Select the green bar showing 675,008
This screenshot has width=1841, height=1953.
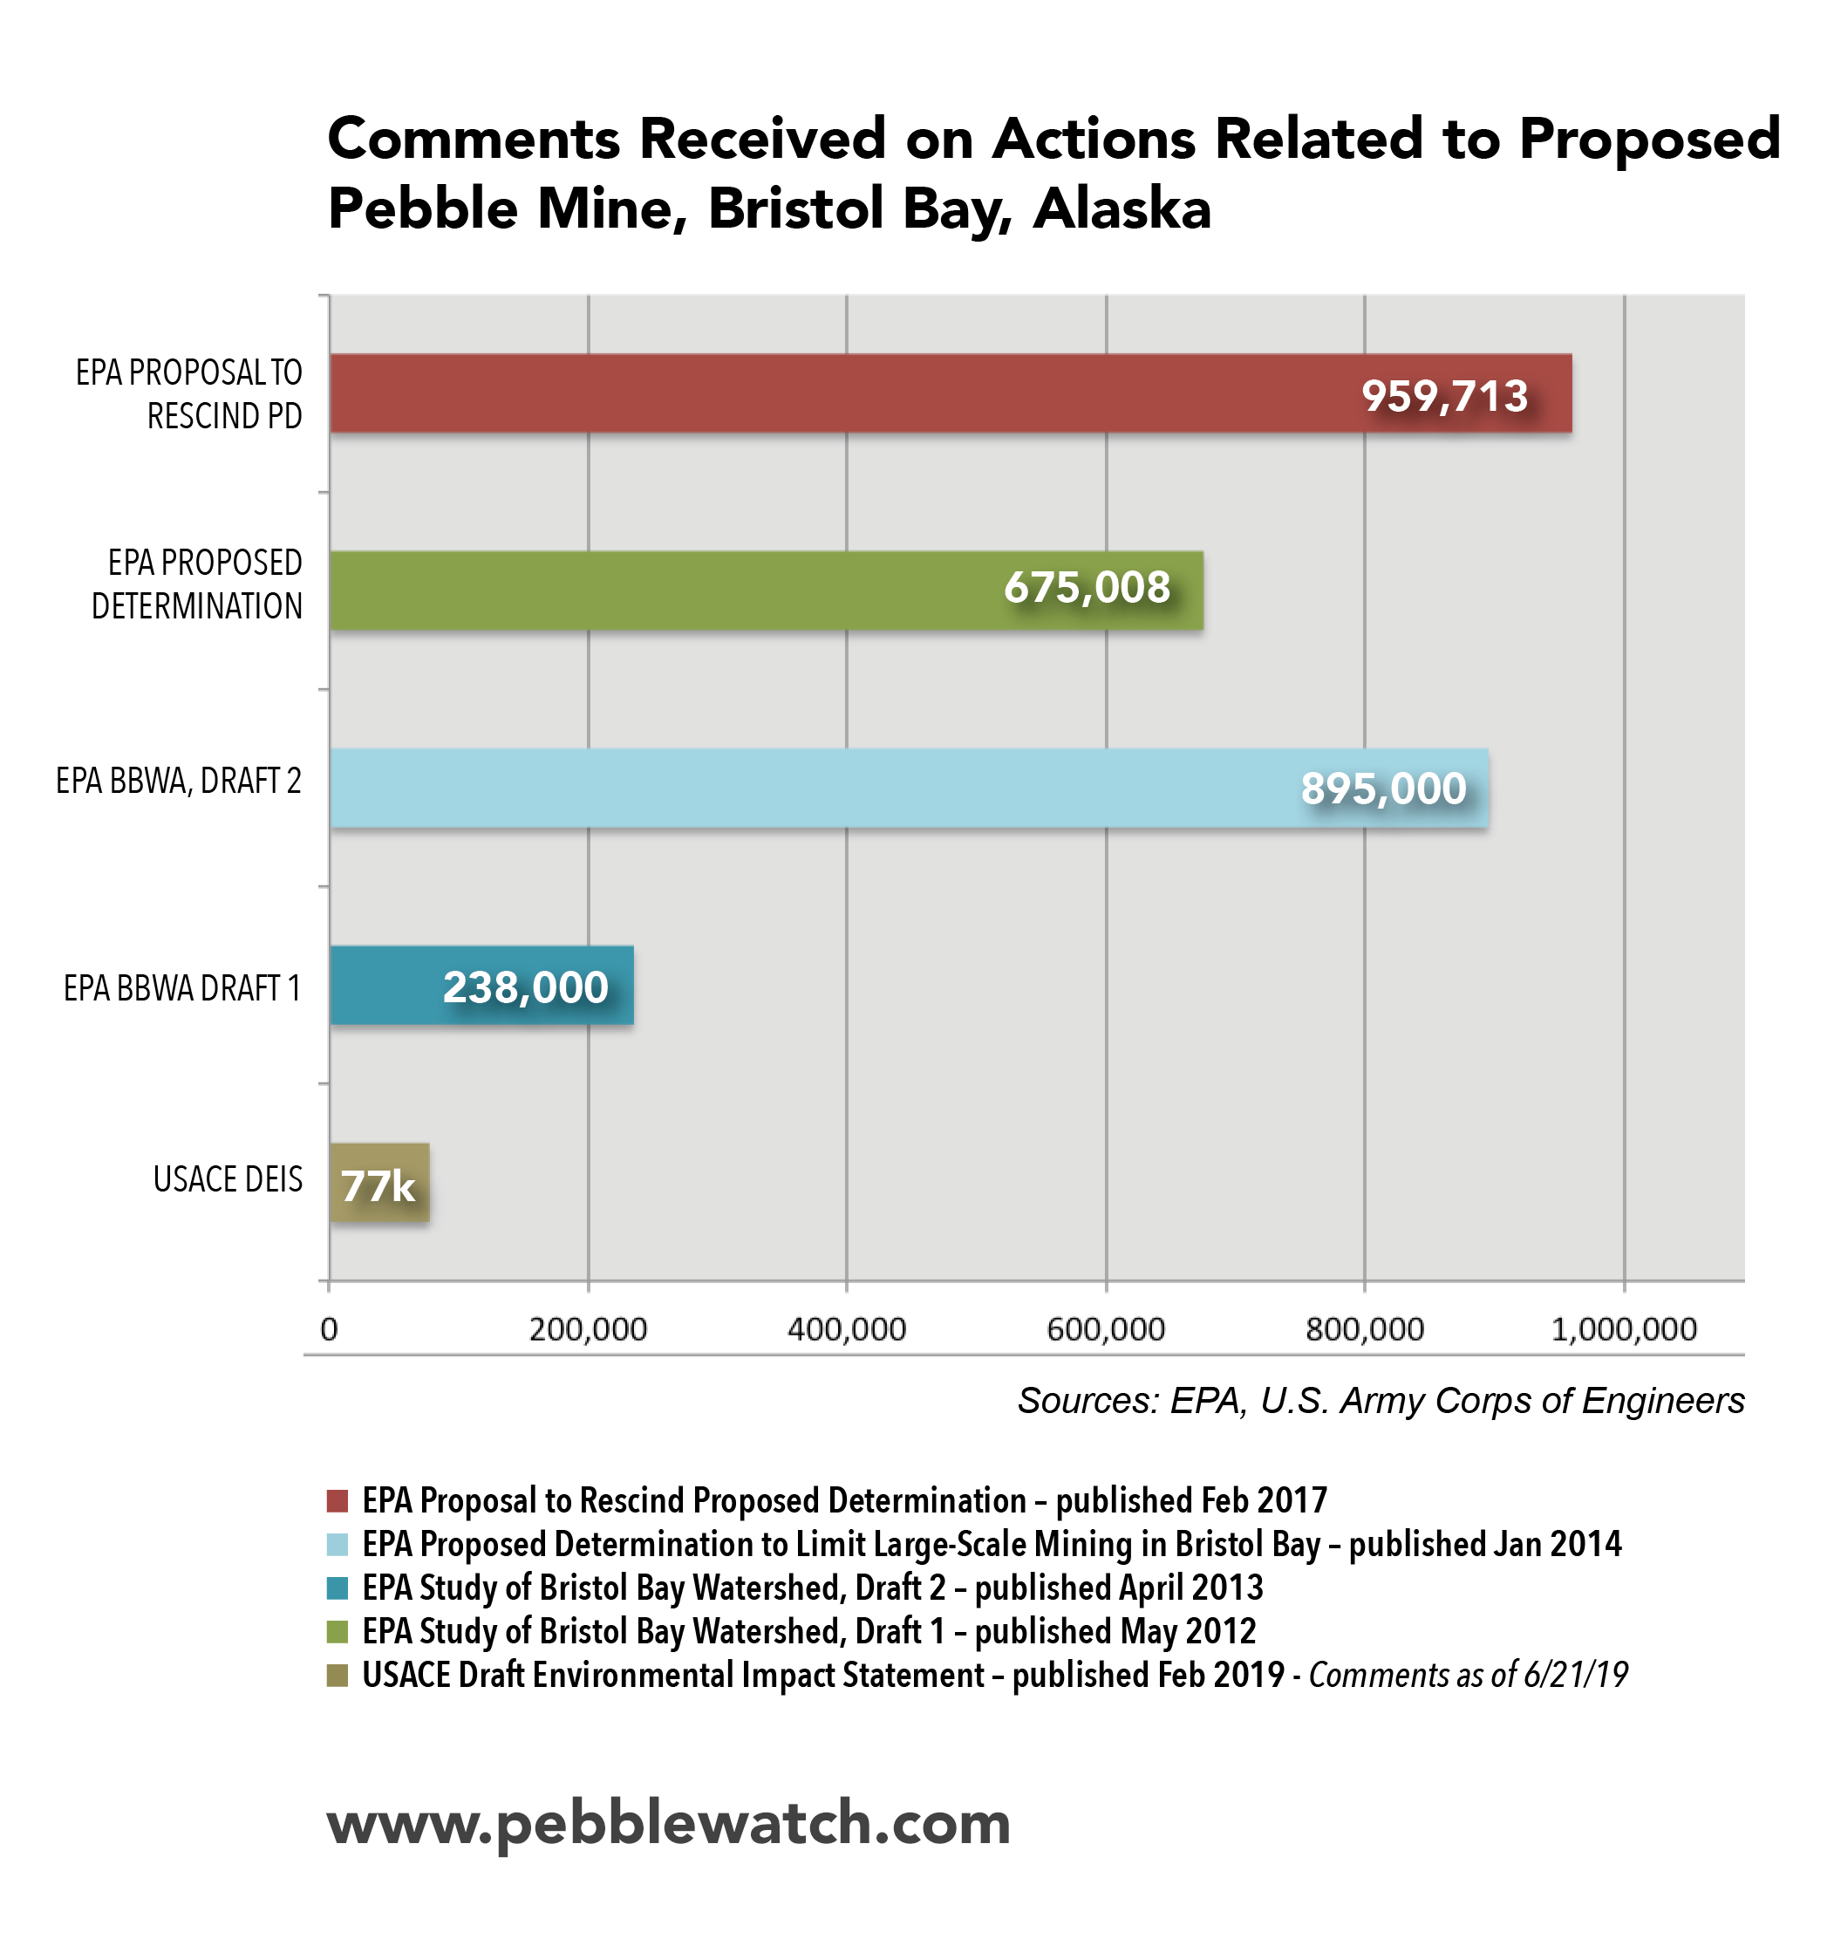point(767,590)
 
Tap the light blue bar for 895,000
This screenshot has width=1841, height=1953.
point(909,788)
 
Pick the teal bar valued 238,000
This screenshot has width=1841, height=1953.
point(481,986)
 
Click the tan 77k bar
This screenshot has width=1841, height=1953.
point(379,1183)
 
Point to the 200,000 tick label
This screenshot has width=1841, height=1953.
point(588,1329)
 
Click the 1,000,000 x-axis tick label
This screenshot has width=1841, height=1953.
point(1623,1329)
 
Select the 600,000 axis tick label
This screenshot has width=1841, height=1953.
point(1105,1329)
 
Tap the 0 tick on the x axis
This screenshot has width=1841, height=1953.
point(329,1329)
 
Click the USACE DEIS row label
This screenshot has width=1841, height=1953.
point(228,1179)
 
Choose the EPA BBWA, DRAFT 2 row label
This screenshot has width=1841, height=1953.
point(178,781)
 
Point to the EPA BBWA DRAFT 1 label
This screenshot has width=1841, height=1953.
point(181,988)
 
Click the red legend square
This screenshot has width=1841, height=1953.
point(337,1500)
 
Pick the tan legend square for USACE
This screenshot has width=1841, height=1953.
point(337,1675)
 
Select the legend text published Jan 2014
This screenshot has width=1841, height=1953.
point(1483,1544)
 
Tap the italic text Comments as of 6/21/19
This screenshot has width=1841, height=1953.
point(1468,1675)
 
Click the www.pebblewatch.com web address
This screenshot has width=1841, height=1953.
point(668,1823)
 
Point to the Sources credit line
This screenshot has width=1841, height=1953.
point(1381,1401)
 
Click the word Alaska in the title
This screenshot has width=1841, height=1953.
point(1122,208)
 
